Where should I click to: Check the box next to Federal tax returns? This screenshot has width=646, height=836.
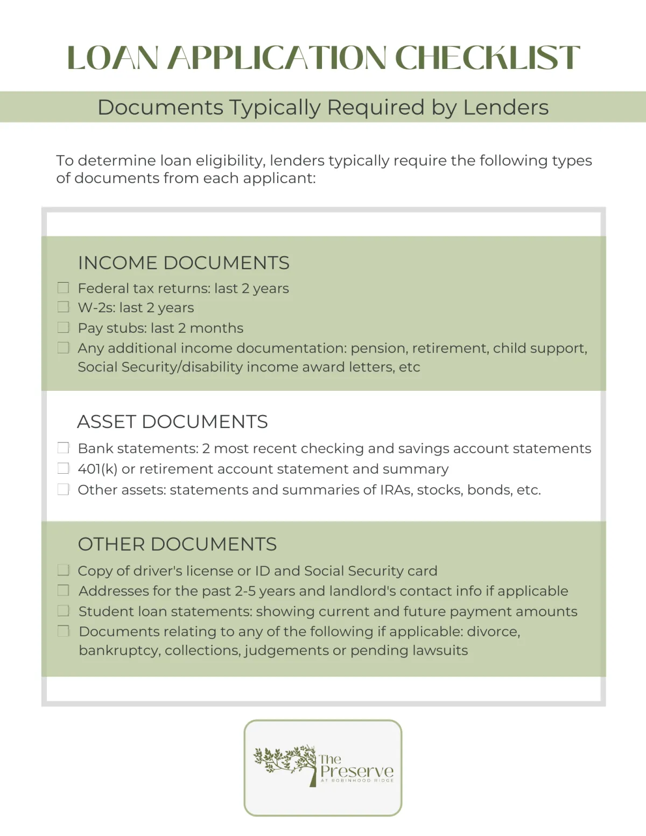coord(63,288)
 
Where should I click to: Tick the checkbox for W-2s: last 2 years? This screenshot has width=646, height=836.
coord(63,307)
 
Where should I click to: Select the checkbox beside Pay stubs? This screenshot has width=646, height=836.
coord(63,327)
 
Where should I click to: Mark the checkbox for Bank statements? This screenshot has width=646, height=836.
coord(63,448)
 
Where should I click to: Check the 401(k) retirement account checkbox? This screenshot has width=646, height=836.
coord(63,468)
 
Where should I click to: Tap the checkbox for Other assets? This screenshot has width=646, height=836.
coord(63,489)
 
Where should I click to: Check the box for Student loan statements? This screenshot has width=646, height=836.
coord(63,611)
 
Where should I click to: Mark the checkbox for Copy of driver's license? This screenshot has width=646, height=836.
coord(63,570)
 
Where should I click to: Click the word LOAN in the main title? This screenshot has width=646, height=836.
coord(113,58)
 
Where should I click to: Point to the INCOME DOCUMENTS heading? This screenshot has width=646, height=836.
coord(184,263)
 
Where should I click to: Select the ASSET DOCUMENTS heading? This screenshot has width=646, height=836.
coord(172,421)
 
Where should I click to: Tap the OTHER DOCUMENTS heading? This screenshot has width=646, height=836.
coord(177,544)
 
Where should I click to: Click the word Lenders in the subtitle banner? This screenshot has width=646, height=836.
coord(505,107)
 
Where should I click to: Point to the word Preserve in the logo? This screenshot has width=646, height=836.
coord(357,771)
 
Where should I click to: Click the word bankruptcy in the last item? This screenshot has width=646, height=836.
coord(119,650)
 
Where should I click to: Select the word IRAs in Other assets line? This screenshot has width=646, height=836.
coord(394,490)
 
